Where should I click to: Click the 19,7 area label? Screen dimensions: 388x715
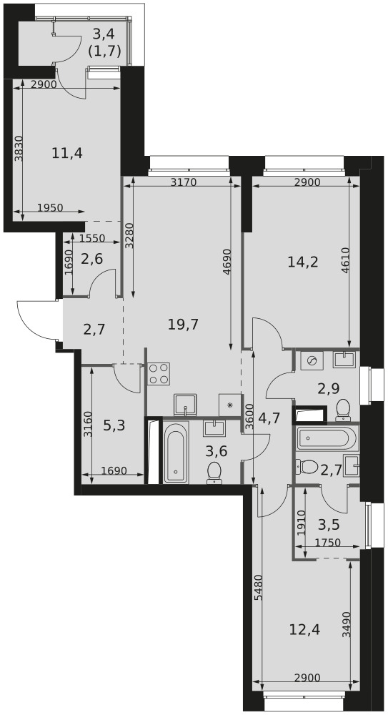click(183, 325)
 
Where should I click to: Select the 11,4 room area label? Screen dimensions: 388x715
click(67, 153)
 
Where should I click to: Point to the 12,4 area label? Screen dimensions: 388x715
click(304, 630)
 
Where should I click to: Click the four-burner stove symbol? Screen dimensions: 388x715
click(159, 374)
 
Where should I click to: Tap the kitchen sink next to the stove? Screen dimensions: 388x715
click(186, 405)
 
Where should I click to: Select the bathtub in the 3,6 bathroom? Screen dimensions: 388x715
click(176, 453)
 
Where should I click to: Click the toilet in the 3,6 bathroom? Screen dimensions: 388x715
click(214, 473)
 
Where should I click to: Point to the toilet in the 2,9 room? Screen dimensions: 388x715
click(342, 410)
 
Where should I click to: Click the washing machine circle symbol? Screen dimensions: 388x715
click(312, 360)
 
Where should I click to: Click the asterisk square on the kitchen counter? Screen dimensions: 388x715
click(230, 405)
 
